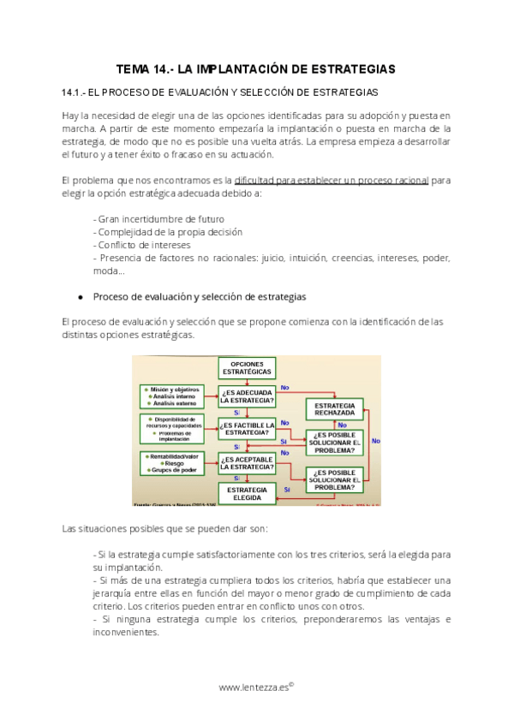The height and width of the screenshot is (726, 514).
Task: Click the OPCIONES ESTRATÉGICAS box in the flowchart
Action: (247, 368)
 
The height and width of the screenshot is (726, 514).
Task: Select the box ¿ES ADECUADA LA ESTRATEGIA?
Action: (247, 396)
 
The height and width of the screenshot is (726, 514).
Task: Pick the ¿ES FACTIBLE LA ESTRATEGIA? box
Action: (247, 428)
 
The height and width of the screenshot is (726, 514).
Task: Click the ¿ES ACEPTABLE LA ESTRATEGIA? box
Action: (247, 463)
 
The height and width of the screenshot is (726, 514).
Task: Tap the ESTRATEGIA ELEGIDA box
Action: (247, 493)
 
